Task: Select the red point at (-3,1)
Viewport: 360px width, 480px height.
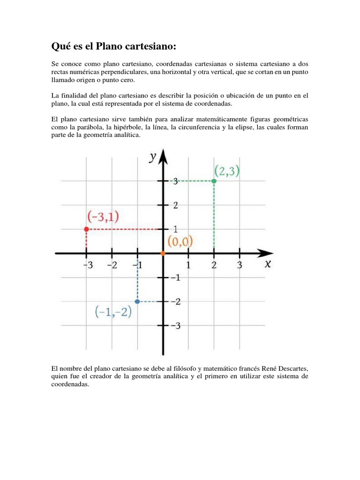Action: point(86,229)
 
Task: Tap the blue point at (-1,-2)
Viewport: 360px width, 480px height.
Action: point(137,301)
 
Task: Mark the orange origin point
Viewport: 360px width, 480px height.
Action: point(163,254)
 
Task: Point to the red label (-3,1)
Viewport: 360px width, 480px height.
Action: point(104,217)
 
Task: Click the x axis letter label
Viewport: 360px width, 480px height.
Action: point(268,263)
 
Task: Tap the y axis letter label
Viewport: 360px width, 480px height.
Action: point(153,157)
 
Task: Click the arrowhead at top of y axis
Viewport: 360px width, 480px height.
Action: point(163,155)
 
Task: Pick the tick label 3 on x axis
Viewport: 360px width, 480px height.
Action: point(240,266)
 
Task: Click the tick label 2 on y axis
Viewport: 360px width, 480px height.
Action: point(176,205)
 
